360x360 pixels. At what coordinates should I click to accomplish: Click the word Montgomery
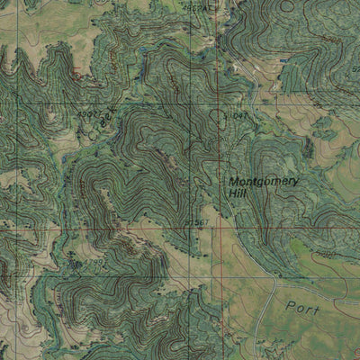tap(263, 181)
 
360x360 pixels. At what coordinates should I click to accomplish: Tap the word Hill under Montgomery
tap(238, 193)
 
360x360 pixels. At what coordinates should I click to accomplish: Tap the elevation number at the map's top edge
tap(200, 7)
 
